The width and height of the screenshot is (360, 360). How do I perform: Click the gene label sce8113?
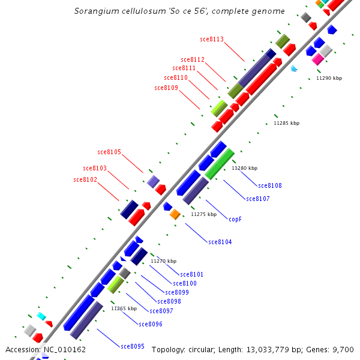[211, 40]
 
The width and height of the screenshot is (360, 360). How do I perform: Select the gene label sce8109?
[166, 88]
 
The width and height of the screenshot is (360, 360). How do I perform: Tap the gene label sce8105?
[109, 152]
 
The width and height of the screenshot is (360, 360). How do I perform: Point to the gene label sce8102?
[85, 180]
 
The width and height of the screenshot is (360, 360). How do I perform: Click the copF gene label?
[235, 219]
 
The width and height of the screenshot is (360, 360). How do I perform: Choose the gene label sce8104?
[220, 242]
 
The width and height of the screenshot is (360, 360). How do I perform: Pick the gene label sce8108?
[270, 186]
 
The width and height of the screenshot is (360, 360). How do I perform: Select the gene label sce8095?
[133, 346]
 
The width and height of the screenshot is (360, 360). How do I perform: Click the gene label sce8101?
[192, 275]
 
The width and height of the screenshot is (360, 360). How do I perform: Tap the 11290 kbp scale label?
[329, 79]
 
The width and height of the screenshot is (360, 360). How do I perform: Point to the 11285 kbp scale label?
[286, 123]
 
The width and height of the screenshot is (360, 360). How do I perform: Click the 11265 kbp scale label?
[124, 308]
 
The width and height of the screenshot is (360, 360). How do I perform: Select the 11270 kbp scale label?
[163, 262]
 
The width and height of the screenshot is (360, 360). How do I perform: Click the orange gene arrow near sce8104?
[175, 214]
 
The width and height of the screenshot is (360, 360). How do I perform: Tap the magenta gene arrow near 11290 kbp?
[318, 59]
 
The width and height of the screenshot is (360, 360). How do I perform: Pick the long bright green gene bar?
[220, 164]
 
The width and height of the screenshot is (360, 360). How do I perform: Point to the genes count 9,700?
[342, 350]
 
